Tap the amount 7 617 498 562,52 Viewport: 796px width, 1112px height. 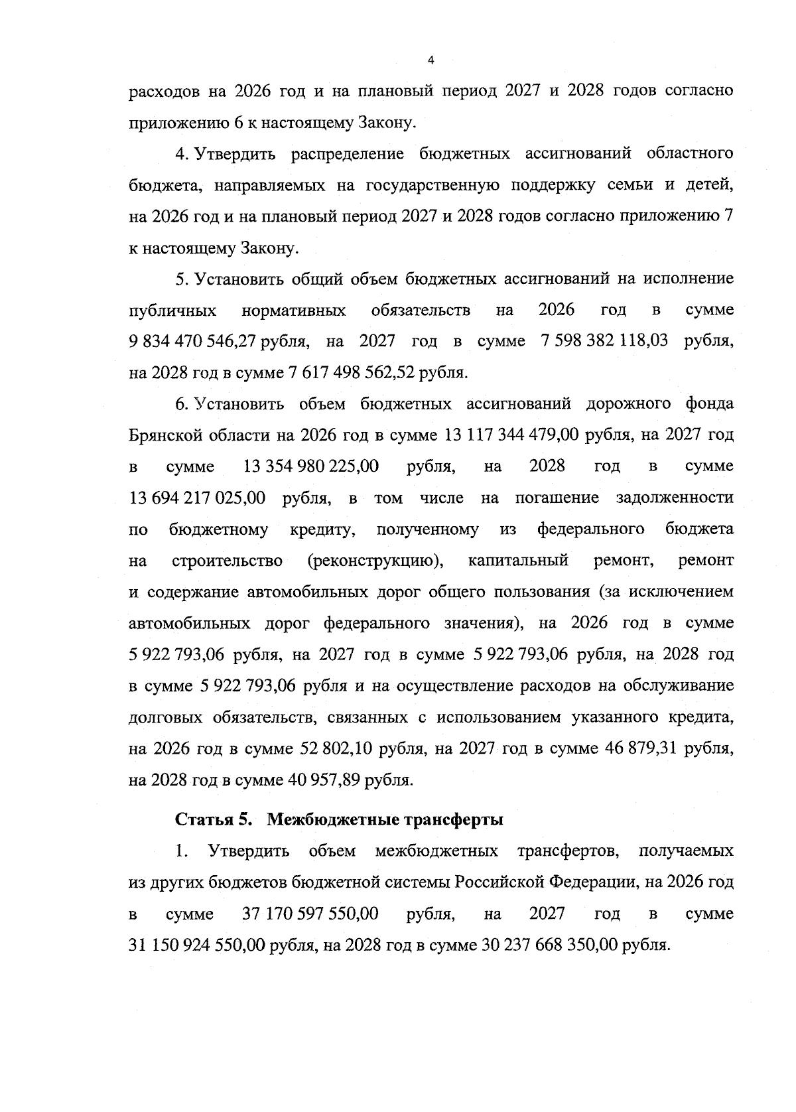tap(352, 373)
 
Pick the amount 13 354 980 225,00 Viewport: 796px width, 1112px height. tap(311, 466)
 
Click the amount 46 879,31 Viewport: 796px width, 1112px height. tap(642, 749)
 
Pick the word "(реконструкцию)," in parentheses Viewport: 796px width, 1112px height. tap(376, 561)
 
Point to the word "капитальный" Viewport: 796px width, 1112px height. tap(518, 561)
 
